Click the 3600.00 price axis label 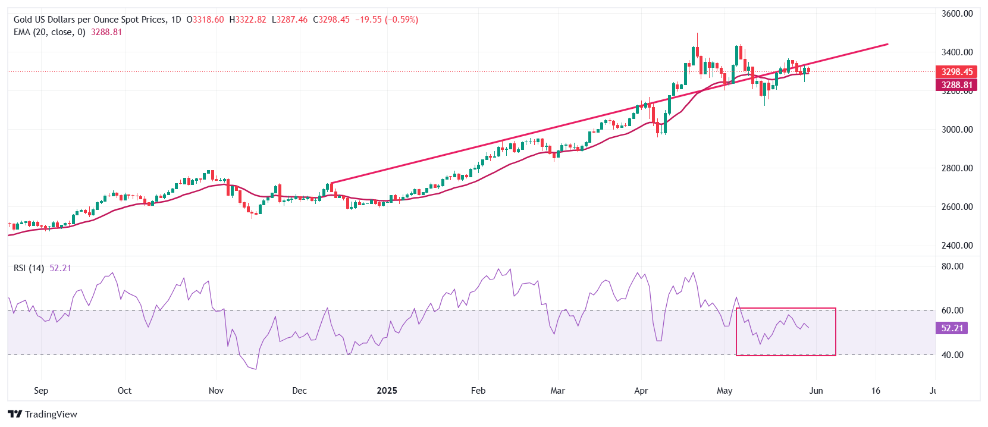[957, 13]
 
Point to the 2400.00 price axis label [957, 245]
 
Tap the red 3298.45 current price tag [956, 71]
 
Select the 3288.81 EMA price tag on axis [956, 85]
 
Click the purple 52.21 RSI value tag [952, 328]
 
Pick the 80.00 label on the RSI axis [952, 266]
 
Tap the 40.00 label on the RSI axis [952, 355]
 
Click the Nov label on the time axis [216, 391]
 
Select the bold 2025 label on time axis [387, 391]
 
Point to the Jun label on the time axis [816, 391]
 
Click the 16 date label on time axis [876, 391]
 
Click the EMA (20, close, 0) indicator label [49, 32]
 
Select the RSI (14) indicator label [29, 268]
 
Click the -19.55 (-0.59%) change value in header [387, 20]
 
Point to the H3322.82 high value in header [247, 20]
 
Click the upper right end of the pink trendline [887, 44]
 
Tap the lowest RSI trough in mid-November [256, 369]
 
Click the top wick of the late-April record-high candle [697, 33]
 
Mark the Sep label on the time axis [41, 391]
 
